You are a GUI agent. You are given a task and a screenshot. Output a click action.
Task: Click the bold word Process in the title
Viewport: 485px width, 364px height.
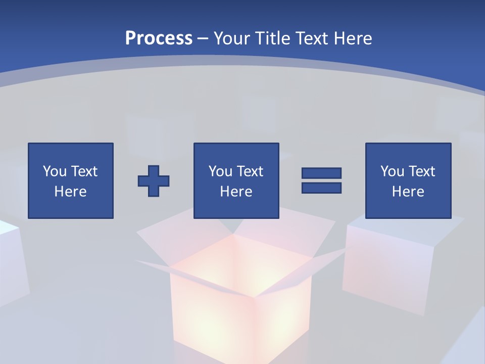coord(159,38)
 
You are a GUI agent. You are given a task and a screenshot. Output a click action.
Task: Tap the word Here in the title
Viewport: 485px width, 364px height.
coord(352,38)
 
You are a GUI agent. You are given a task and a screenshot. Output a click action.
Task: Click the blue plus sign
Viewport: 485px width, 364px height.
coord(154,180)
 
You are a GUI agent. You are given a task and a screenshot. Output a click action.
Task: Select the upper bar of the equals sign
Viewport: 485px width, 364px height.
coord(321,173)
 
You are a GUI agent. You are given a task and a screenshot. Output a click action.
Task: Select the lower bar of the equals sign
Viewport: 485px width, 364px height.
coord(321,188)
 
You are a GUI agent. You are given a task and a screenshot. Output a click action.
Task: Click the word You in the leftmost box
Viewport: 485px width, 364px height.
coord(54,171)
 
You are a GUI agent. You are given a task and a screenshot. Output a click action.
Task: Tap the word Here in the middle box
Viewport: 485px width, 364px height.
coord(236,192)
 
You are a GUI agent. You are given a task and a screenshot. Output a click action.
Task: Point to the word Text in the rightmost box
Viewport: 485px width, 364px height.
coord(421,171)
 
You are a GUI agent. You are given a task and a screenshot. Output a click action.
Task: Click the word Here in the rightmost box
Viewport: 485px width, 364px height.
coord(408,192)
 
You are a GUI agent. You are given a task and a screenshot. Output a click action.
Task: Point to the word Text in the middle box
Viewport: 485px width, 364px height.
coord(250,171)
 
